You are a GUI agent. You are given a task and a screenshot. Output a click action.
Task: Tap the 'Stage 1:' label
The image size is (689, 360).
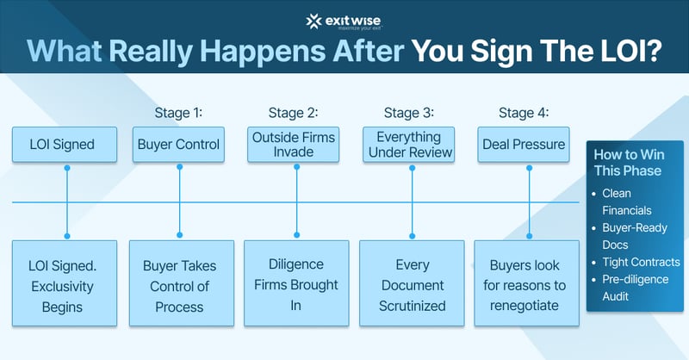point(179,113)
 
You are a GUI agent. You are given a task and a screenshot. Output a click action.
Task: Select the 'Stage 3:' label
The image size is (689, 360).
point(409,113)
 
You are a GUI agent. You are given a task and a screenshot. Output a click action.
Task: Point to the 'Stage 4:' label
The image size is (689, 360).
point(525,113)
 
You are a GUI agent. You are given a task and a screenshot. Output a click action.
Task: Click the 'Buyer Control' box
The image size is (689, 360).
point(179,145)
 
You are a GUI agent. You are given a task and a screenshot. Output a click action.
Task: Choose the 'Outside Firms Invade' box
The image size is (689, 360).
point(295,145)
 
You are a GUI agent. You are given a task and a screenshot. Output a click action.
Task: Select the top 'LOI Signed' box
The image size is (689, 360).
point(64,145)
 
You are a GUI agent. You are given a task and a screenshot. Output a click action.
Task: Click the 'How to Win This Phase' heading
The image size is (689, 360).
point(628,162)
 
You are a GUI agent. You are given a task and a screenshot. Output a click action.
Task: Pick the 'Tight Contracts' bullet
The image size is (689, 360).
point(641,262)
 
